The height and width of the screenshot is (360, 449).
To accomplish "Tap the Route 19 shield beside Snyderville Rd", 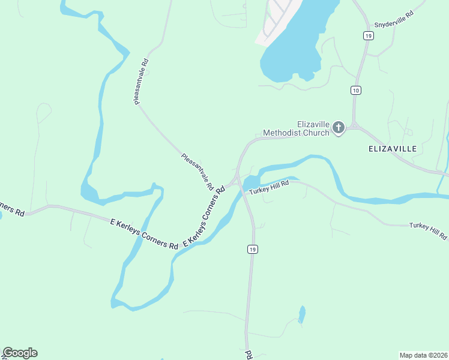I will point(367,36).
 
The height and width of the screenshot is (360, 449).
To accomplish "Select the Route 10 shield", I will point(356,91).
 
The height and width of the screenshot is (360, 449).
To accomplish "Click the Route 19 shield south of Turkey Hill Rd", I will point(253,249).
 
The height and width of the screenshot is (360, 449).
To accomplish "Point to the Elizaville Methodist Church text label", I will point(297,128).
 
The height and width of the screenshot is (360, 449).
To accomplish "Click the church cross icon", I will point(339,128).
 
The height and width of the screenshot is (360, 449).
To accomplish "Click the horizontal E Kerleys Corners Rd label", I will point(144,233).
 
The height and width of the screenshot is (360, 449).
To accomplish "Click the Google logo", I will point(20,353).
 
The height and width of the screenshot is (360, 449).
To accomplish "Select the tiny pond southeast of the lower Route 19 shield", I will point(302,314).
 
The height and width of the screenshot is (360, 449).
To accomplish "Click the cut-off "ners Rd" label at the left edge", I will point(11,209).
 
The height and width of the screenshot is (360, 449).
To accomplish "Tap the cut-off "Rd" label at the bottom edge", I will point(249,355).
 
